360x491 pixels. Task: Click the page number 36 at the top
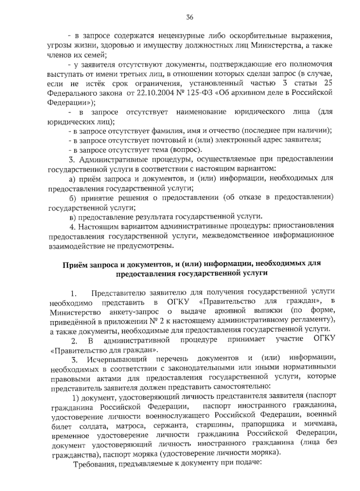coord(190,17)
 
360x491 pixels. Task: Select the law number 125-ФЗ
coord(198,93)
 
